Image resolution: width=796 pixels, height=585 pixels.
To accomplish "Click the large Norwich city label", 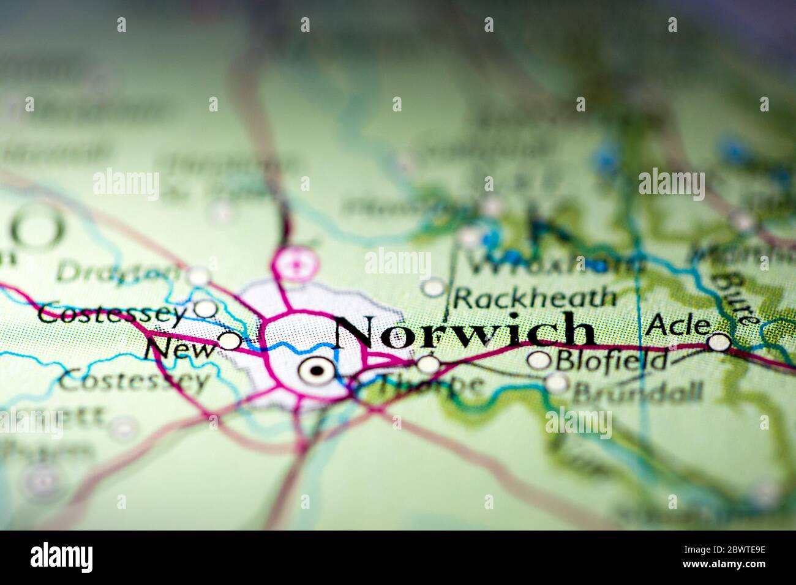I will click(464, 331).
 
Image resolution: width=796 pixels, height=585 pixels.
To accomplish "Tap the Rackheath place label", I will click(535, 298).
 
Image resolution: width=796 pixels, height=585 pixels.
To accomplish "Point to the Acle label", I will click(678, 324).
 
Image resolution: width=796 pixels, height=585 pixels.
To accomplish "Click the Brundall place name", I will click(637, 392).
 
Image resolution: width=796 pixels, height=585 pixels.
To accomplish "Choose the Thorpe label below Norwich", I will click(429, 386).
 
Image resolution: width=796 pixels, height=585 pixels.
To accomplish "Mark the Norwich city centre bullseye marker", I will click(317, 370).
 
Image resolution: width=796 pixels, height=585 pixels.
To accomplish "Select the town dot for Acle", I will click(719, 342).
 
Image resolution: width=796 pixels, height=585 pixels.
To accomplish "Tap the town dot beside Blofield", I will click(539, 360).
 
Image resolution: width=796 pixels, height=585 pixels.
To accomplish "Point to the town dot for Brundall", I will click(557, 383).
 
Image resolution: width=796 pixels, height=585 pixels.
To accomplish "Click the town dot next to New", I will click(230, 340).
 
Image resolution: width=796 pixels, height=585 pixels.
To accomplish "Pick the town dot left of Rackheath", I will click(434, 287).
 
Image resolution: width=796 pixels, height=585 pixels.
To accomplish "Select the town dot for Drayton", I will click(198, 276).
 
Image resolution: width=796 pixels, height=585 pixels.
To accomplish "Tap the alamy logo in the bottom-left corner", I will click(62, 557).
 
